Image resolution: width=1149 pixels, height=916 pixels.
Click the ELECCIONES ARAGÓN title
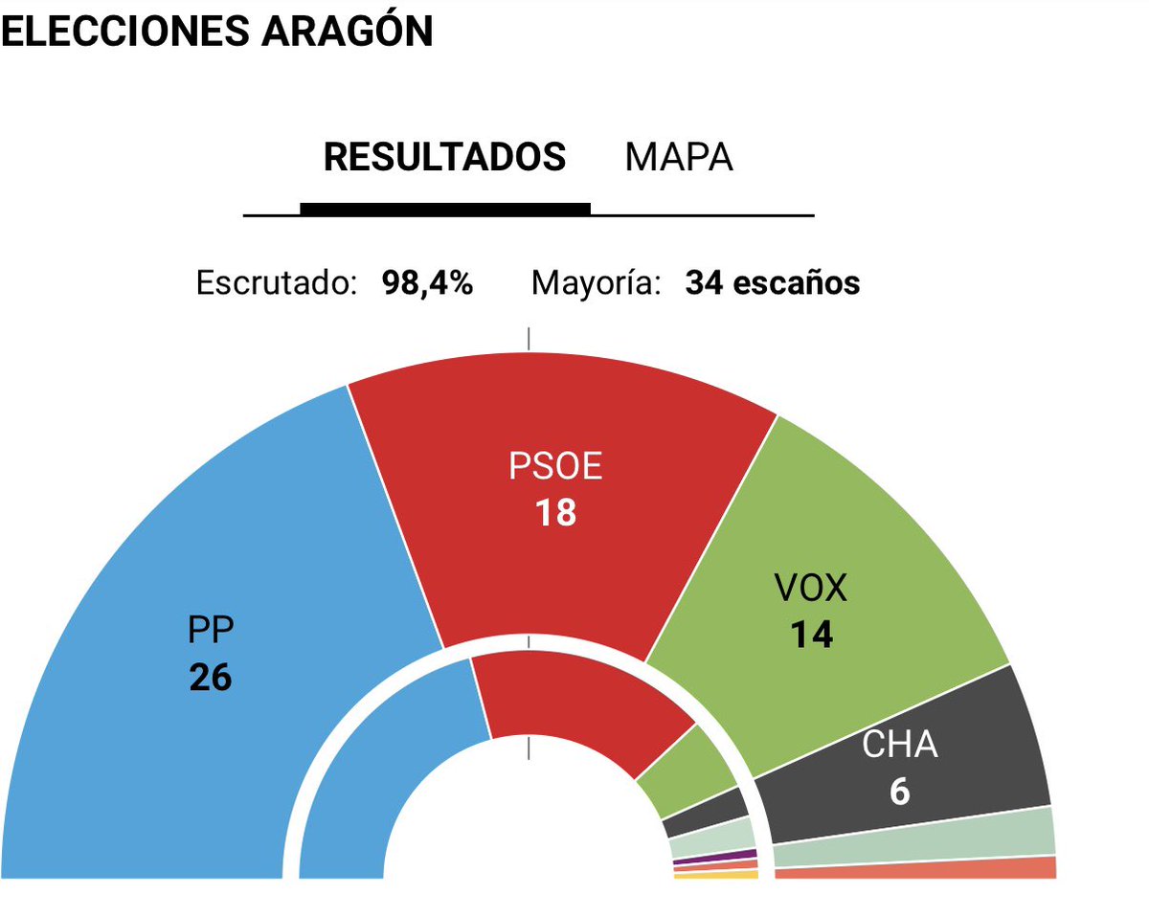click(x=216, y=31)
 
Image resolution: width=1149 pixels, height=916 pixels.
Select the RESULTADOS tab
click(x=444, y=157)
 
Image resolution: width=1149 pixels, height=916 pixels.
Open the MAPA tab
click(x=679, y=157)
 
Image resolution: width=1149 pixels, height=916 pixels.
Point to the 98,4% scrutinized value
click(x=427, y=283)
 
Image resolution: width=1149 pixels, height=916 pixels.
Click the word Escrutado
click(x=277, y=283)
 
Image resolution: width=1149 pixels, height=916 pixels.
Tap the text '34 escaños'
click(x=772, y=283)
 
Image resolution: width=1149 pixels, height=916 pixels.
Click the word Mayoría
click(x=596, y=283)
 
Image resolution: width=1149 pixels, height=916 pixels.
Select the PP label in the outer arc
click(x=211, y=631)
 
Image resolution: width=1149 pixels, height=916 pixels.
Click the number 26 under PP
click(x=211, y=678)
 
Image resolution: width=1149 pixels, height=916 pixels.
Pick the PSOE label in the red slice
click(x=555, y=467)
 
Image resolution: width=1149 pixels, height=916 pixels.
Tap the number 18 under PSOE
click(x=555, y=513)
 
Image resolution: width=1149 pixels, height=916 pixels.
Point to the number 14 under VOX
click(x=811, y=635)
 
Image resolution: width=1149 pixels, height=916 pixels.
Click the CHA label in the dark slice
click(x=899, y=746)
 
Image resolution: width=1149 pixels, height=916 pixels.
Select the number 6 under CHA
click(x=899, y=792)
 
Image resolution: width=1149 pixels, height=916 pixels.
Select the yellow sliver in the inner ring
click(x=716, y=875)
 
